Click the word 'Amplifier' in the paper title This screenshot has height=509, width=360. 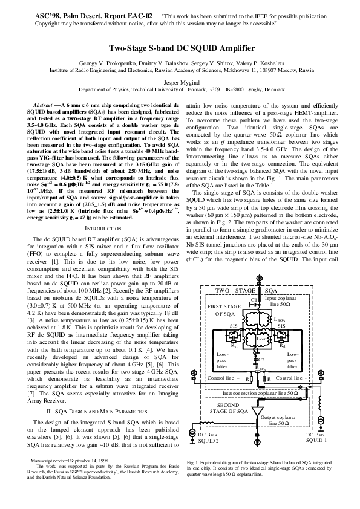(230, 48)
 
